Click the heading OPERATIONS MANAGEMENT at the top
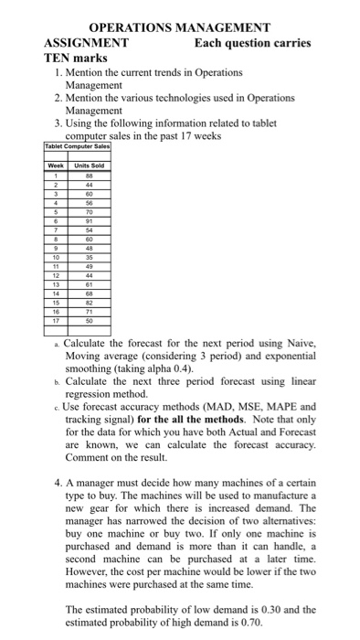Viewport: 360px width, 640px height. (179, 27)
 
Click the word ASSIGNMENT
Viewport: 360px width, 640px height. (86, 42)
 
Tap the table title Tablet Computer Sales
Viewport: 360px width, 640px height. (77, 145)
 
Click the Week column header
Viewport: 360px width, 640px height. (57, 165)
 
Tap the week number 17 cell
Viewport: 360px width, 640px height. (57, 321)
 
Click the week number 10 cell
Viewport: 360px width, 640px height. (57, 257)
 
